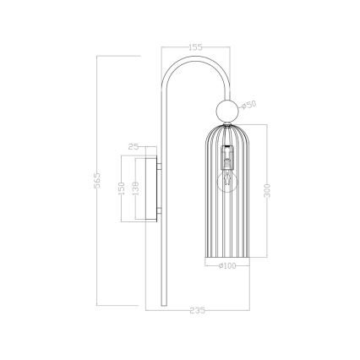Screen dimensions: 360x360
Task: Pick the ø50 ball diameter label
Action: click(248, 105)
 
